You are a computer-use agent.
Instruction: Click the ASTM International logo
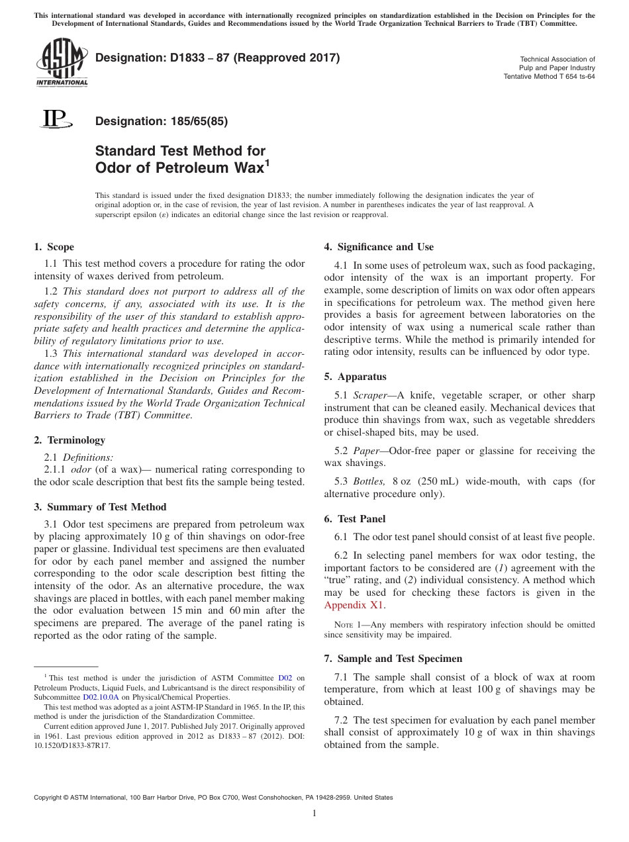(x=61, y=64)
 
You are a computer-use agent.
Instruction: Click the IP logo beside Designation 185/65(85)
(x=54, y=119)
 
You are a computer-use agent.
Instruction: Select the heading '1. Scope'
(x=54, y=247)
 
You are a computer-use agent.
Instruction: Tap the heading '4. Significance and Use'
(x=379, y=247)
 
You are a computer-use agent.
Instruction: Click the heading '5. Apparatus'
(x=355, y=377)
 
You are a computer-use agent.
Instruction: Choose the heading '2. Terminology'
(x=69, y=440)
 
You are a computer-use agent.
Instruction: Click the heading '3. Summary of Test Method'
(x=100, y=507)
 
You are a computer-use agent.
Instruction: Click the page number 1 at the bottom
(x=314, y=814)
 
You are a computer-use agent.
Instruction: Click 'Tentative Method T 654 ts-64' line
(x=549, y=76)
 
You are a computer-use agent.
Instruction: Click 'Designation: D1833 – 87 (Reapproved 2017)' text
(x=218, y=58)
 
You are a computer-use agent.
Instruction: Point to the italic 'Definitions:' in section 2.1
(x=87, y=457)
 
